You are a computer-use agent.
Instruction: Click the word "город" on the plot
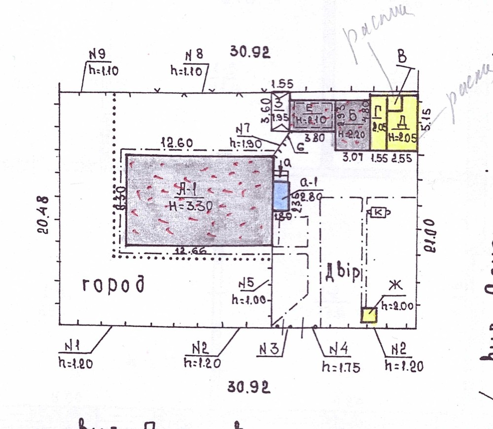pos(114,285)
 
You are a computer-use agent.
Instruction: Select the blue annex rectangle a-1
pos(282,196)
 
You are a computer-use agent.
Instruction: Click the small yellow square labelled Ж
pos(369,315)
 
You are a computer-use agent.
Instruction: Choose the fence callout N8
pos(194,55)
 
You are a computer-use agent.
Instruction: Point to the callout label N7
pos(245,129)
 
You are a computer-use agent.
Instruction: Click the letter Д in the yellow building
pos(402,122)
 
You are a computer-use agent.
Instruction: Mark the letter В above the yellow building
pos(402,58)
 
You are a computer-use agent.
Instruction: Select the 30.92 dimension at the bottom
pos(249,388)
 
